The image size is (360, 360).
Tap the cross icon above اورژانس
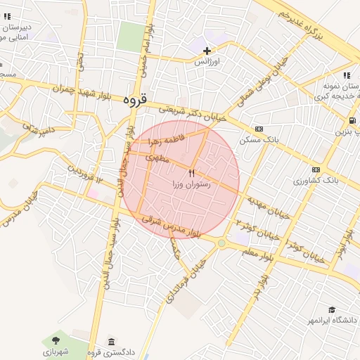coord(207,51)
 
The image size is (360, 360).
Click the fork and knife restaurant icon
coord(191,173)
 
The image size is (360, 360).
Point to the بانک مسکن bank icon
coord(259,129)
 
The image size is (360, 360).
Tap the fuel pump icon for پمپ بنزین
coord(352,120)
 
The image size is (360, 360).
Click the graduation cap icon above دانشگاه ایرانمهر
coord(331,309)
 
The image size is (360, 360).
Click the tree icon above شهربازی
coord(56,341)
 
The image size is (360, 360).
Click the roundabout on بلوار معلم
coord(221,243)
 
